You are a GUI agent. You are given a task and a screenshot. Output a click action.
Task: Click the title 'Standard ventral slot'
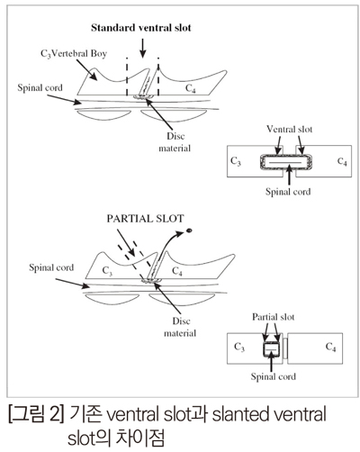[141, 28]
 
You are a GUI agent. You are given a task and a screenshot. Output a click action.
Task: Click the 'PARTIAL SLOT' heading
[145, 219]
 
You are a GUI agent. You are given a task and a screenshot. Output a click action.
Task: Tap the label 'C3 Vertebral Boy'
[74, 54]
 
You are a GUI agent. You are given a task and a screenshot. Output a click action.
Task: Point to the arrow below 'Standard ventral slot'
[143, 48]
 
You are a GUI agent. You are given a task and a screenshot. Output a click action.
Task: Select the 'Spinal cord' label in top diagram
[40, 87]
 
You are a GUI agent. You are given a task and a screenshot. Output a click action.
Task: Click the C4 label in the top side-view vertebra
[191, 88]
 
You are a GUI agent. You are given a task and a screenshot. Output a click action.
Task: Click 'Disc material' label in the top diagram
[175, 142]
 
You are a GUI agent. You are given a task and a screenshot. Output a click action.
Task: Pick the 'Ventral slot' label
[290, 129]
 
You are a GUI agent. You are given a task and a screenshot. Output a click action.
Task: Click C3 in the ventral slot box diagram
[236, 161]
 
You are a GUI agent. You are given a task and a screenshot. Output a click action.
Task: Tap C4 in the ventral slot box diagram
[342, 161]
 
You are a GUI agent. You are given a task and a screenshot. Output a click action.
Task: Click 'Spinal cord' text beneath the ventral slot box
[288, 192]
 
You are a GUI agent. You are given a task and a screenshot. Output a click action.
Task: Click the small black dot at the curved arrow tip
[189, 231]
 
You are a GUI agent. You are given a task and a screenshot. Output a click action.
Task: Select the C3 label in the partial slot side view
[107, 271]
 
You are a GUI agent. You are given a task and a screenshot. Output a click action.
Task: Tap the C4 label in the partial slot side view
[177, 271]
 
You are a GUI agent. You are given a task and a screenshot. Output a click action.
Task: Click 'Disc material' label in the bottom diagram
[180, 327]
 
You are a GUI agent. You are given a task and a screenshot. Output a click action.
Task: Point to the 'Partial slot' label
[274, 317]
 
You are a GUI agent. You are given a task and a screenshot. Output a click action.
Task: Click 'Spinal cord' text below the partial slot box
[274, 376]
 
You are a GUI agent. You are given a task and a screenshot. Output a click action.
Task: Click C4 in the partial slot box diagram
[330, 347]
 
